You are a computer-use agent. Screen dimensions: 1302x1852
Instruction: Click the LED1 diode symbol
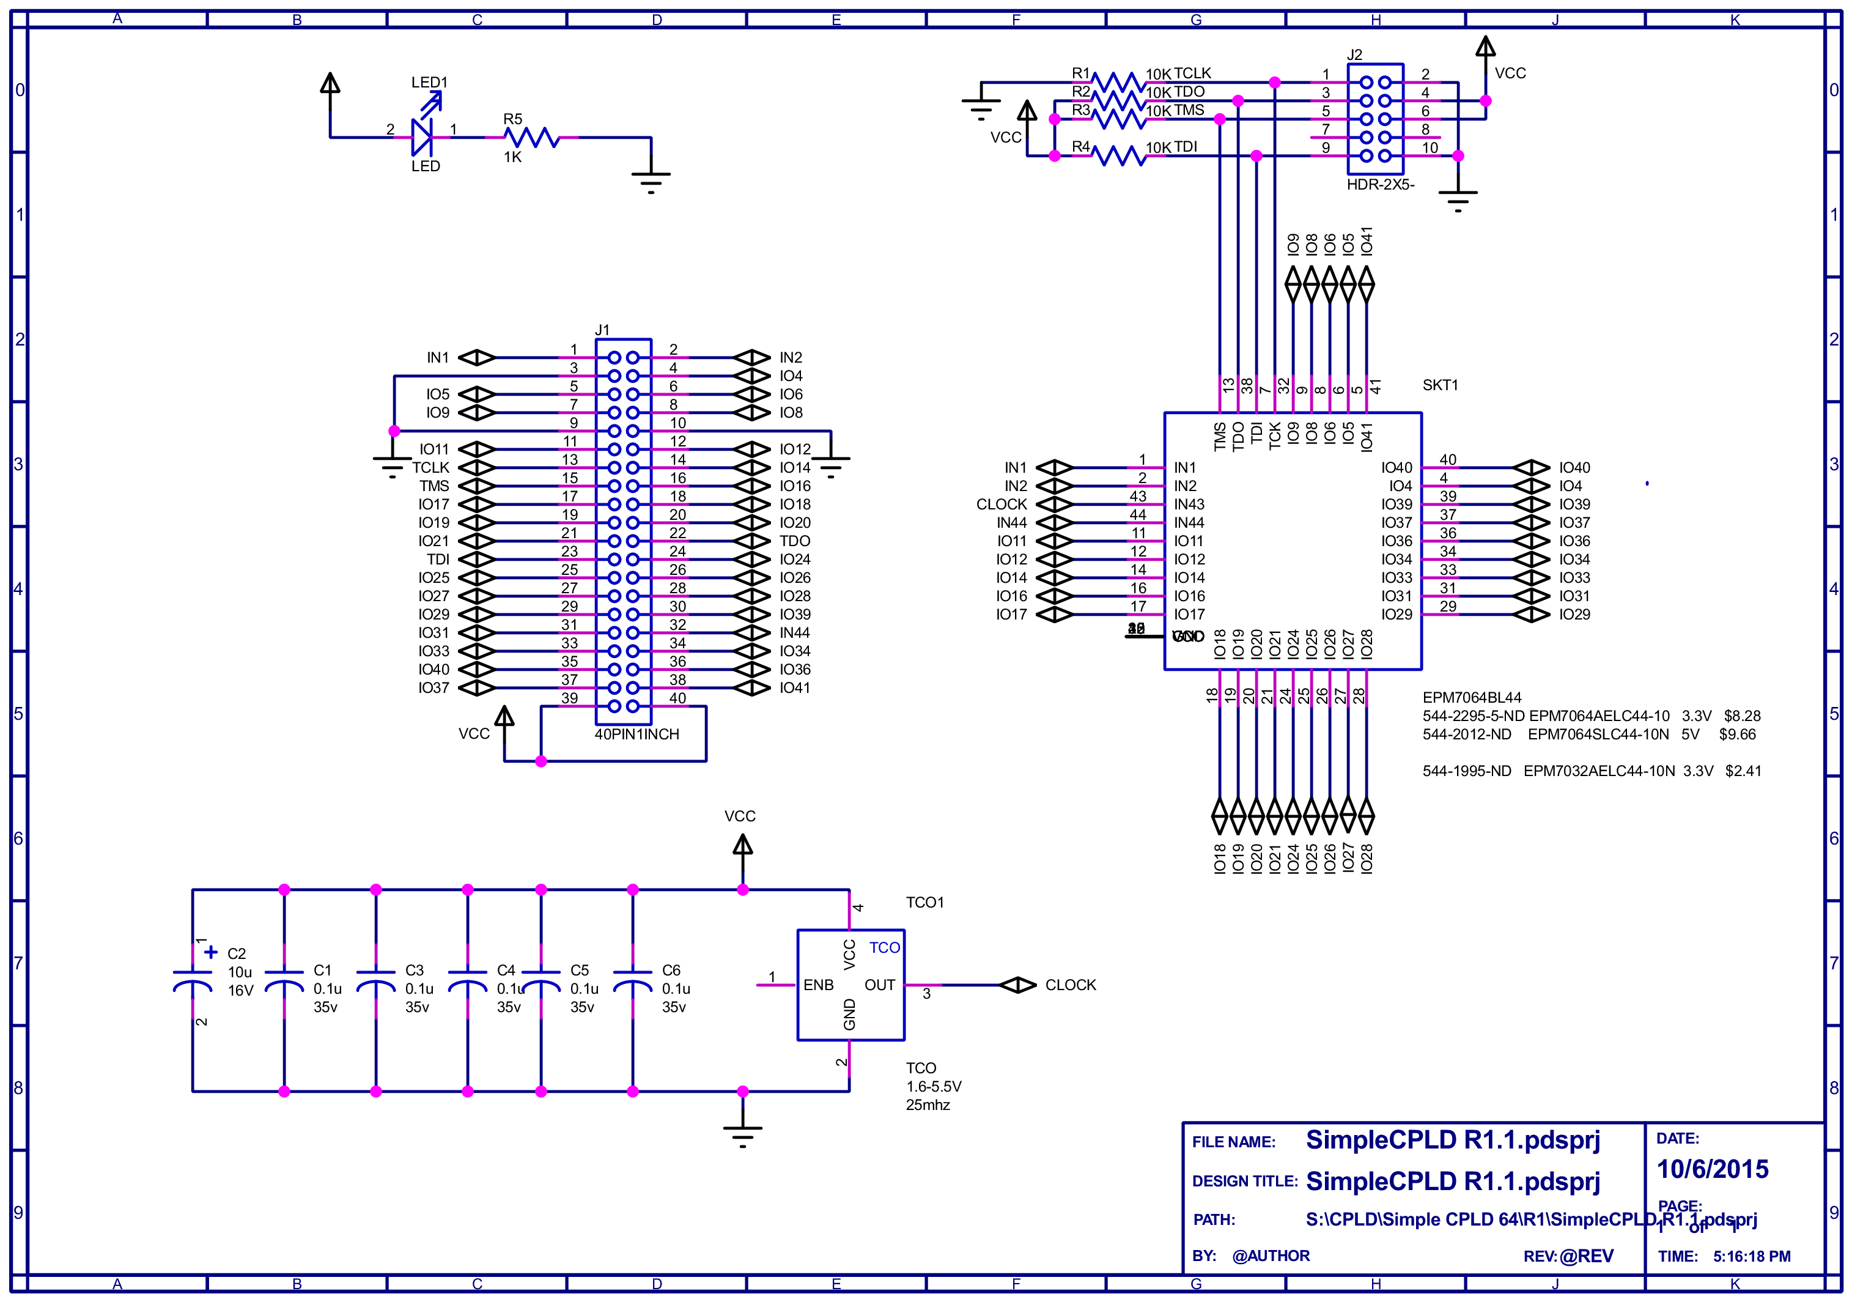coord(422,137)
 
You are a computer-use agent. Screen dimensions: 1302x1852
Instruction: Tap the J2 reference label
coord(1354,55)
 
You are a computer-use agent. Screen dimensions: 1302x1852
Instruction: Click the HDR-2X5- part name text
coord(1380,185)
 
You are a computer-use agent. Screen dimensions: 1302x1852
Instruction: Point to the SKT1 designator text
coord(1440,386)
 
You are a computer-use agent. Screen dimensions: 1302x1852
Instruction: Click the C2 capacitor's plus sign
coord(212,952)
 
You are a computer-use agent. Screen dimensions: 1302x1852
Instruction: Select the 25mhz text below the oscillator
coord(928,1105)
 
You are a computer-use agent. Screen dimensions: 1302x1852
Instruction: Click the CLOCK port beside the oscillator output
coord(1018,985)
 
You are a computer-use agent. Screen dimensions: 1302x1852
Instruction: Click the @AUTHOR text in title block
coord(1271,1256)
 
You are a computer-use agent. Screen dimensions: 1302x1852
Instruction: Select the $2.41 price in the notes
coord(1743,771)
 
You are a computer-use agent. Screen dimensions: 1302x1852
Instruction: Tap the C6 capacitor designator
coord(671,971)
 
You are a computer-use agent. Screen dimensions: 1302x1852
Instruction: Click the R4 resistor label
coord(1080,147)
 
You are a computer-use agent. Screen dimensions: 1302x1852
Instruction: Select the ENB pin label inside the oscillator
coord(818,985)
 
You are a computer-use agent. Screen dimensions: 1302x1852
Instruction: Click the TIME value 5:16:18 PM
coord(1751,1257)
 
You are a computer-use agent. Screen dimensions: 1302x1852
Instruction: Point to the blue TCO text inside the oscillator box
coord(884,948)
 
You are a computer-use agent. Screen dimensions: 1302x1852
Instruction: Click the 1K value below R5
coord(513,157)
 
